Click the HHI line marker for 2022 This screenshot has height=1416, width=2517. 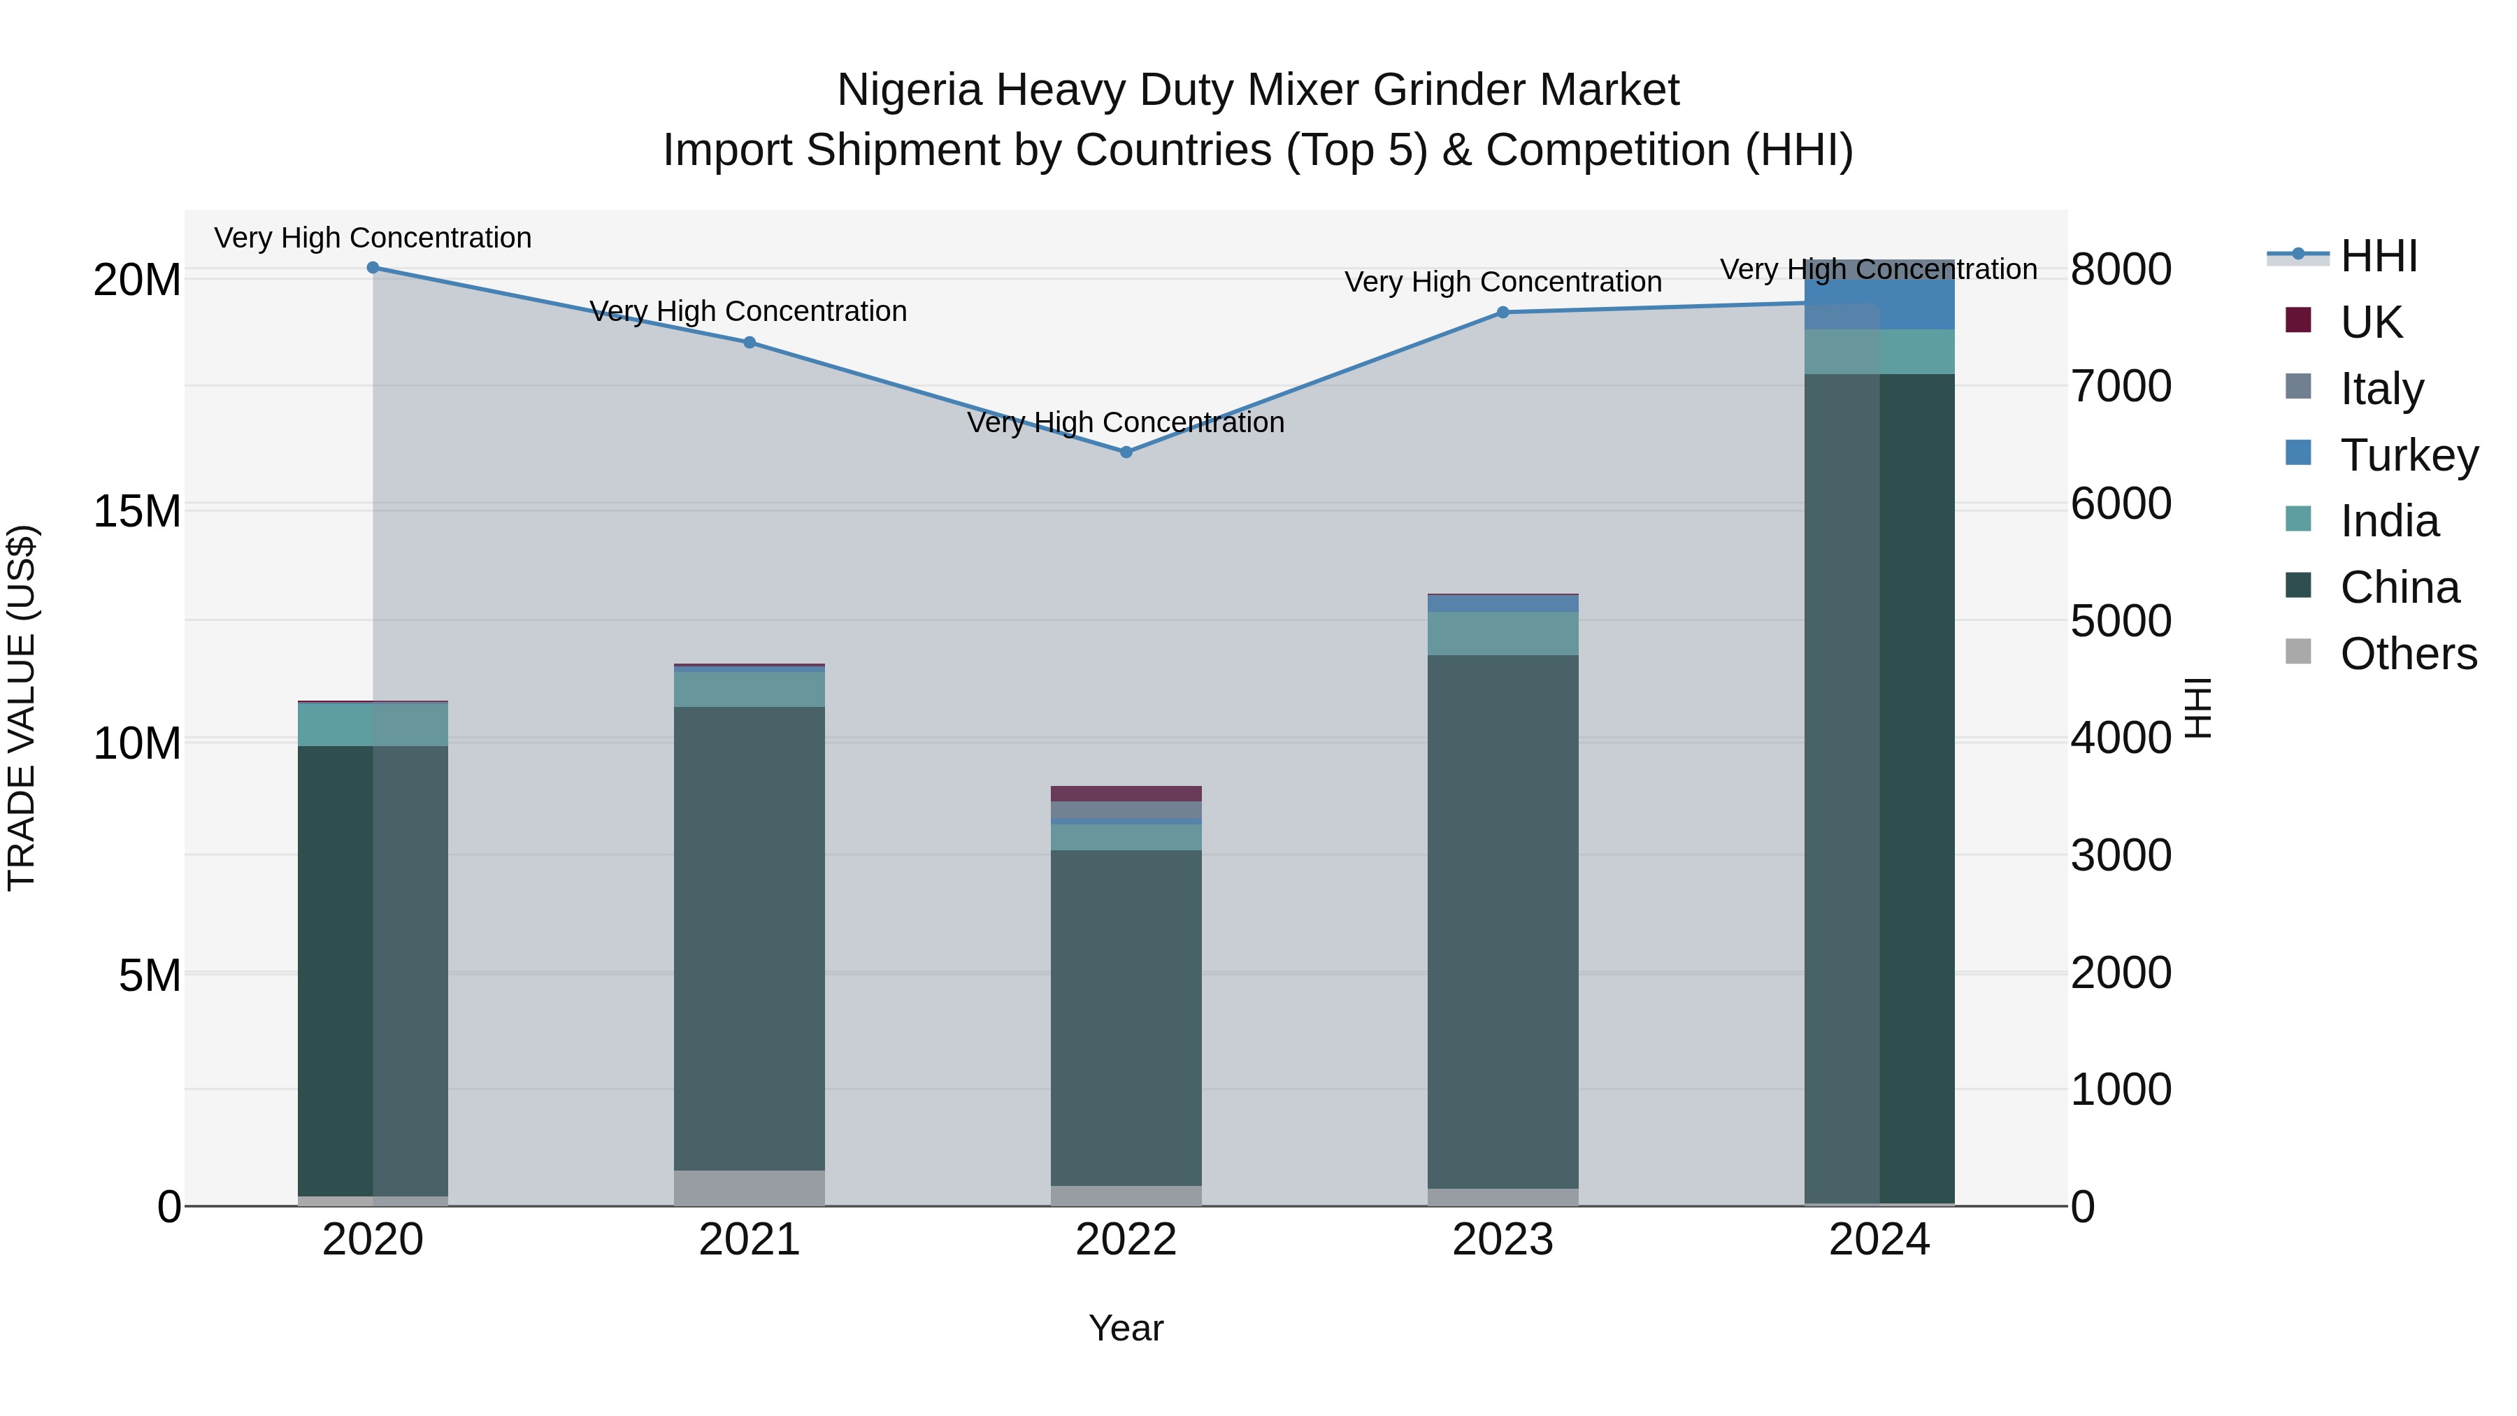1126,452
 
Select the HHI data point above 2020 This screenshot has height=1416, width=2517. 372,267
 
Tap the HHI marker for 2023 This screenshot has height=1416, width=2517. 1503,312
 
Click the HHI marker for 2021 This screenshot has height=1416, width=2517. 750,342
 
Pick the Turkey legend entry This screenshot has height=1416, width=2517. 2409,455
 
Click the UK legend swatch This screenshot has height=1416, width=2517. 2298,320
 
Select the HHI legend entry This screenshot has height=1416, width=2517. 2379,256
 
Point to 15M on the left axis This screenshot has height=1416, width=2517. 137,511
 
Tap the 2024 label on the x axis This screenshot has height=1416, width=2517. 1878,1239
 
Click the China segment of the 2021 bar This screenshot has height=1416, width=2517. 750,938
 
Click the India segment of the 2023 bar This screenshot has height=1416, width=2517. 1503,634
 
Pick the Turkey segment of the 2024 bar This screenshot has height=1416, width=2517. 1878,304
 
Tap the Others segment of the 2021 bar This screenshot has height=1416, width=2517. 750,1187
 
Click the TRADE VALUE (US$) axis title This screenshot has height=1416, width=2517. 22,708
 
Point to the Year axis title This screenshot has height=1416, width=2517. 1126,1328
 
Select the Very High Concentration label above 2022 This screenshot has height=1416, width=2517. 1126,422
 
